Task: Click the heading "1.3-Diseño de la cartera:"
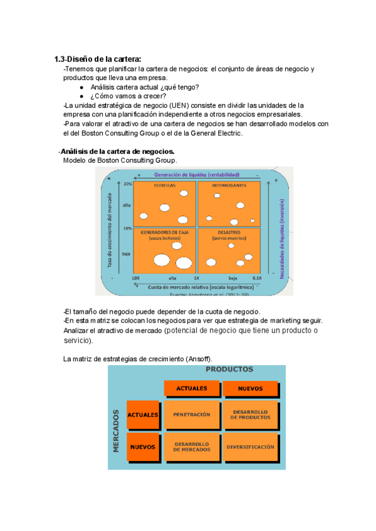point(101,59)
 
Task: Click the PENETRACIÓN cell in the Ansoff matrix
point(192,415)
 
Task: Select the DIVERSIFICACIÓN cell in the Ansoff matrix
point(251,447)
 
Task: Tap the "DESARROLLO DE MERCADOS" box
point(192,447)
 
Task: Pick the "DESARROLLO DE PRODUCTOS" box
point(251,415)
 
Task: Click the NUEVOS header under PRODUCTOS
point(251,388)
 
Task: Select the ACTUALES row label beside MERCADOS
point(142,415)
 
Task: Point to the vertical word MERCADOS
point(117,431)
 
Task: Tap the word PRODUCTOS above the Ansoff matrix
point(229,369)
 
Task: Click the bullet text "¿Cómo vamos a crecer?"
point(128,96)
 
